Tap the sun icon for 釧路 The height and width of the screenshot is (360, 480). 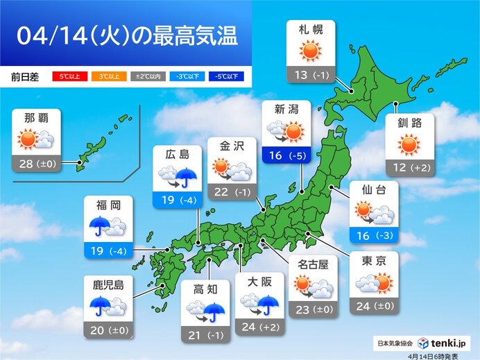point(410,145)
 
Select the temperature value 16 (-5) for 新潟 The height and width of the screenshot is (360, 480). point(285,156)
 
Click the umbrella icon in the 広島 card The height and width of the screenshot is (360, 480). point(186,179)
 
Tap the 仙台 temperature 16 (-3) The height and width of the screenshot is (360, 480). point(375,236)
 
